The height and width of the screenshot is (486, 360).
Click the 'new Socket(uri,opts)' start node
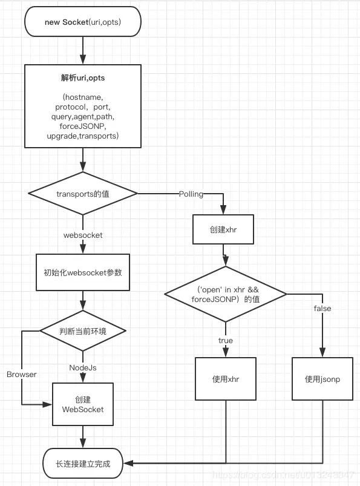83,22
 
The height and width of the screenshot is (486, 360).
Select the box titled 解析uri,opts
83,106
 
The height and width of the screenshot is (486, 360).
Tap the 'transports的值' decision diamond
83,194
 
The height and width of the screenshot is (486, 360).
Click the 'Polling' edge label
191,194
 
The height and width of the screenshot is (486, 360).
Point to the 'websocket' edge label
83,234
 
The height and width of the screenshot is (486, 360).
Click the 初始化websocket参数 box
83,272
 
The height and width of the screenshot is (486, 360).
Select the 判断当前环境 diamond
83,331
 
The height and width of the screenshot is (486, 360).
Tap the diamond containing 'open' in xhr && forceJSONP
225,294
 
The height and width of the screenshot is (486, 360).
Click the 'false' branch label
322,309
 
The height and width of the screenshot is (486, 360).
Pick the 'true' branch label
225,341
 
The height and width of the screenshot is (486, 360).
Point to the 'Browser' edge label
22,374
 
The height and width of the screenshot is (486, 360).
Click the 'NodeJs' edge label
83,367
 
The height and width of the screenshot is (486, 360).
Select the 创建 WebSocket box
83,404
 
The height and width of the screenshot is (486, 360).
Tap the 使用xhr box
225,379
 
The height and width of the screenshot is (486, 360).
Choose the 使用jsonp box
322,379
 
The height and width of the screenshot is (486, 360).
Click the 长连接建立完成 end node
83,464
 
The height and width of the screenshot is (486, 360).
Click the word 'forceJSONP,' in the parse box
83,126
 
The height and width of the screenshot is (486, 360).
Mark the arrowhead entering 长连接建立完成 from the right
128,464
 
